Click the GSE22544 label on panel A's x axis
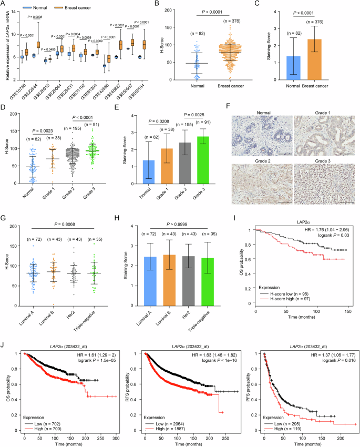point(30,73)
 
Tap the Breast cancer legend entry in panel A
point(81,8)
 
